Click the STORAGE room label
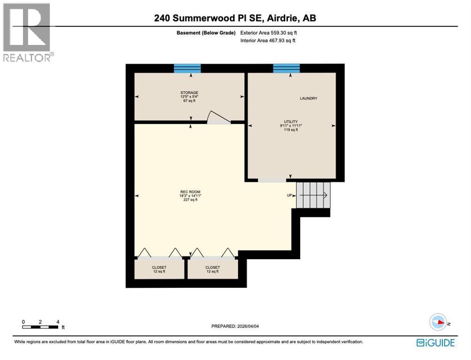pos(190,93)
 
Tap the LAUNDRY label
pos(309,98)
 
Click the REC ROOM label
pos(190,192)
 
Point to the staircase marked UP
pos(314,195)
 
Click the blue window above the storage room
pos(187,68)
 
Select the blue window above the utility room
pos(286,68)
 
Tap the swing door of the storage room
pos(218,118)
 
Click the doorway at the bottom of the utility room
pos(272,180)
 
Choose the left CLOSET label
pos(160,268)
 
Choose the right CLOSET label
pos(212,268)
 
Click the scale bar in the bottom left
pos(40,326)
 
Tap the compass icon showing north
pos(438,322)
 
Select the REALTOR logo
pos(27,32)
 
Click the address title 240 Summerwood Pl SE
pos(235,18)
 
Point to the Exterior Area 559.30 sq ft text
pos(268,33)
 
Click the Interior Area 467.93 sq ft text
pos(267,41)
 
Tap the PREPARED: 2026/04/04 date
pos(235,326)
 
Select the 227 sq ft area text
pos(190,200)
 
